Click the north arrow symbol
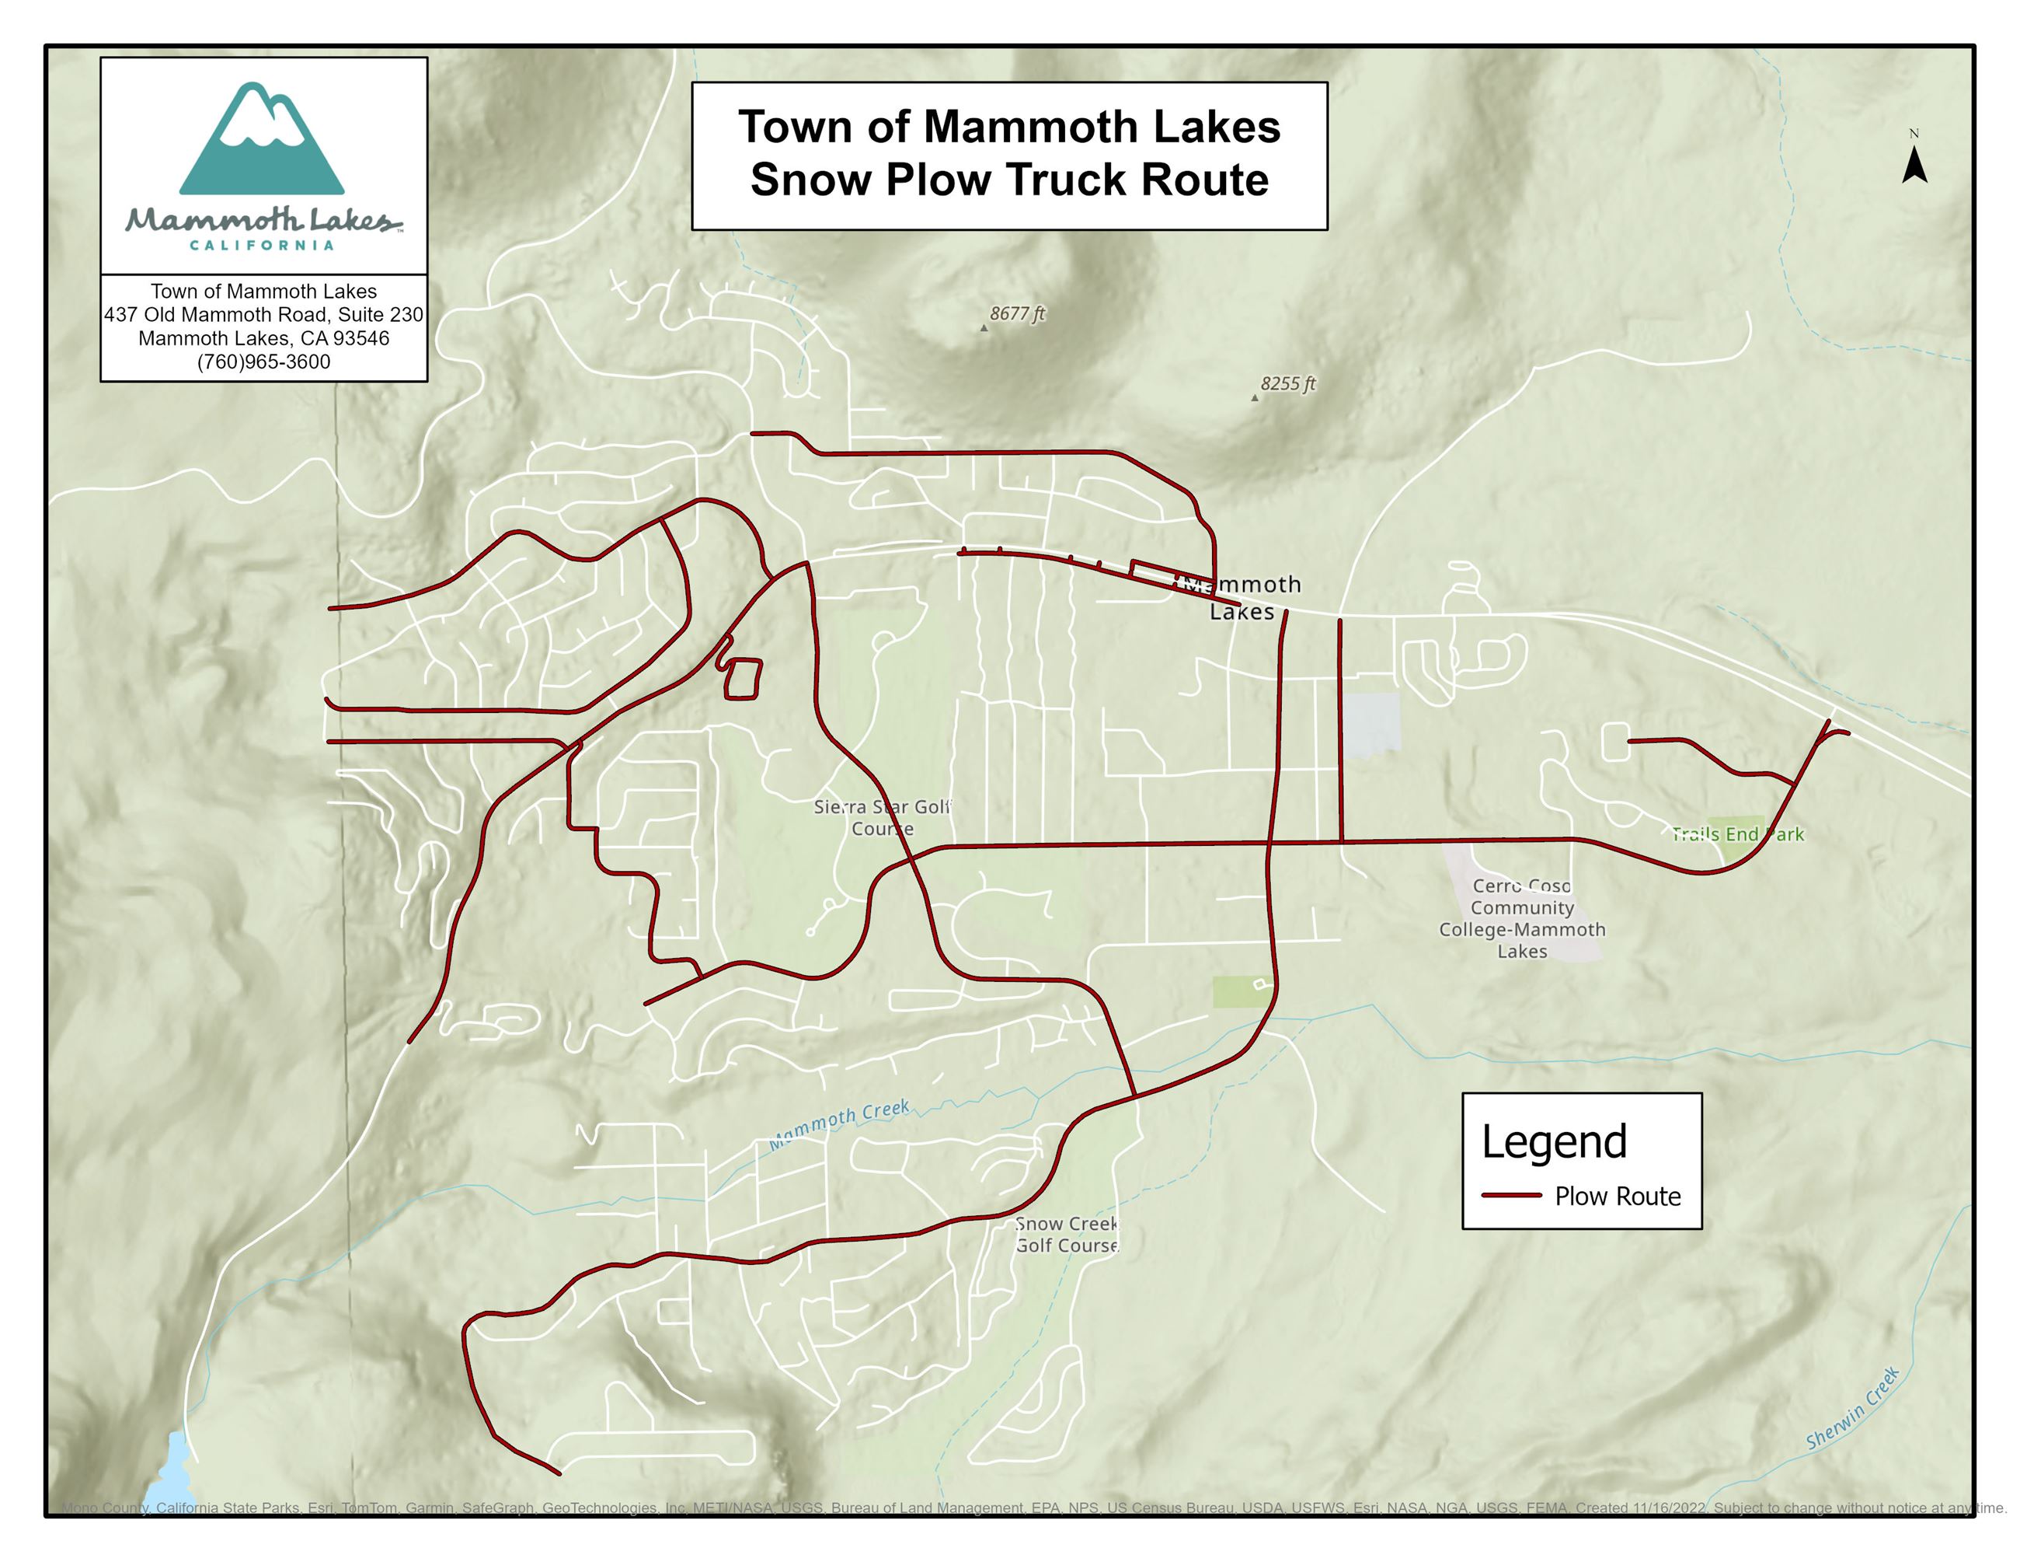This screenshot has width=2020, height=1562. pyautogui.click(x=1914, y=166)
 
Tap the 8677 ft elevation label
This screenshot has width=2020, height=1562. pyautogui.click(x=1016, y=313)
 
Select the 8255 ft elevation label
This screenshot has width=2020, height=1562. pyautogui.click(x=1287, y=384)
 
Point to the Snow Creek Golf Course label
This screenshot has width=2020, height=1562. pyautogui.click(x=1067, y=1235)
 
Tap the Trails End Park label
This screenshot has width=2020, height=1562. pyautogui.click(x=1737, y=833)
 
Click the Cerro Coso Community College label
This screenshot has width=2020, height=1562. pyautogui.click(x=1521, y=918)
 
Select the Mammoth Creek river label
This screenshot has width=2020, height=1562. pyautogui.click(x=839, y=1124)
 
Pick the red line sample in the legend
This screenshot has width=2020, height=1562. pyautogui.click(x=1510, y=1196)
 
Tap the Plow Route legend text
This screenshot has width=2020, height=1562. pyautogui.click(x=1617, y=1197)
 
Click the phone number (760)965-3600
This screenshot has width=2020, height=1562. pyautogui.click(x=263, y=362)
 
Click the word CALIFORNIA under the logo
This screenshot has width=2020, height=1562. pyautogui.click(x=262, y=245)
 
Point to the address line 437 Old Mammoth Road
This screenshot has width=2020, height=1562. pyautogui.click(x=263, y=315)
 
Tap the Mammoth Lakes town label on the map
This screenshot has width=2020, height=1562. pyautogui.click(x=1242, y=598)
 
